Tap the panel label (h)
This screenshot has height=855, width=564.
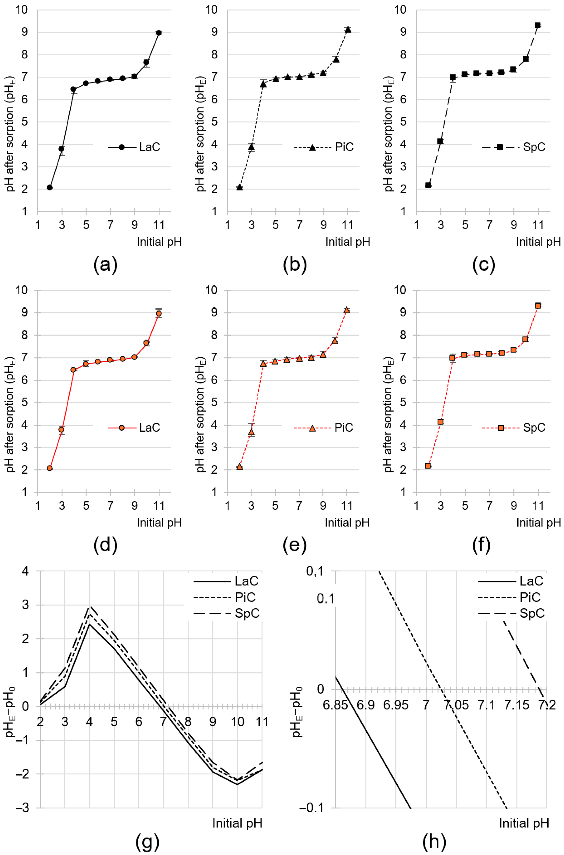(434, 841)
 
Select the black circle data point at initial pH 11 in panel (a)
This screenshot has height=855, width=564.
(159, 33)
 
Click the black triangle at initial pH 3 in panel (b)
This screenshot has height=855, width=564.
(252, 147)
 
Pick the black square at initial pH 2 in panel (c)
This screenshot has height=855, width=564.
(428, 185)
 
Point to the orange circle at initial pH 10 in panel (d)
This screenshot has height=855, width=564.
(146, 343)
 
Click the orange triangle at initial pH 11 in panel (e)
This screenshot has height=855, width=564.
(347, 310)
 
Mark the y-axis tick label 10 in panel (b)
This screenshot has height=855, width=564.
(212, 10)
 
